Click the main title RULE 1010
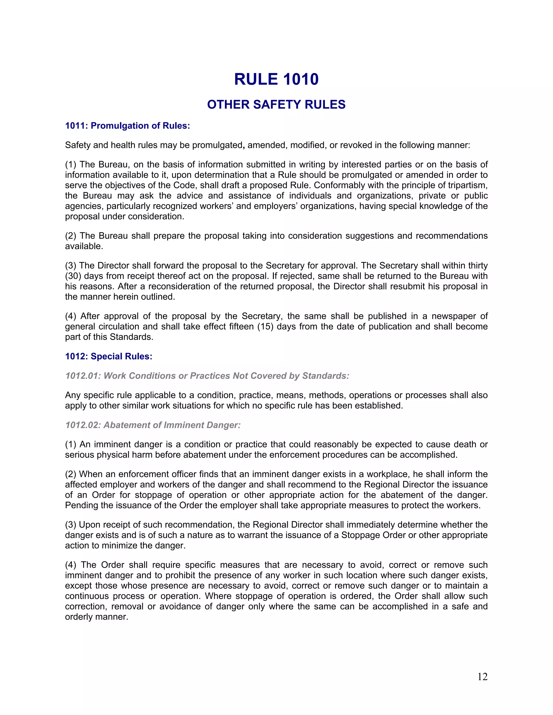coord(276,79)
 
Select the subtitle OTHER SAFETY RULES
coord(276,104)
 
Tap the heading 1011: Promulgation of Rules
coord(127,126)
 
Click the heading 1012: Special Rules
coord(109,356)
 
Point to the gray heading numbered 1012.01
coord(207,376)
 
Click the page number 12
coord(482,677)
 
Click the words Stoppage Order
coord(367,535)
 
